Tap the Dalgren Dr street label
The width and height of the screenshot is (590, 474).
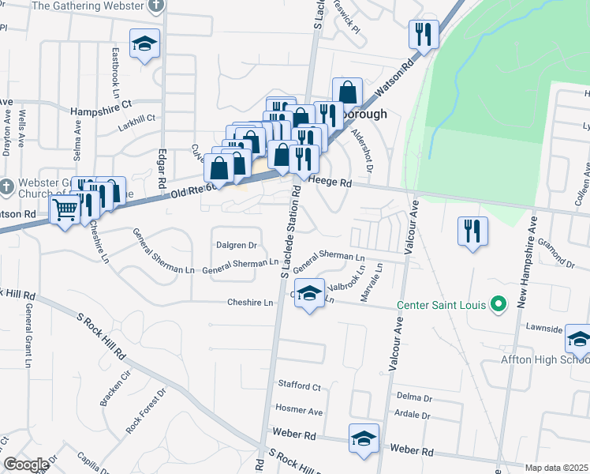pos(237,245)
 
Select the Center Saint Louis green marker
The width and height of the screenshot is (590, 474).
pos(498,303)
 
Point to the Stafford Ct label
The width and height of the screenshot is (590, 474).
pos(299,387)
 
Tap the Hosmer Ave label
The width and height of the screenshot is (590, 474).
pos(299,411)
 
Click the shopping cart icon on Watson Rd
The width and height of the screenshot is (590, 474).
pos(65,209)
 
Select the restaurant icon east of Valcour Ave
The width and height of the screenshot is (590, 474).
pos(472,230)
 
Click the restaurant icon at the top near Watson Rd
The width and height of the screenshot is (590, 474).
pos(424,33)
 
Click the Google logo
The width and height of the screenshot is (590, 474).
pos(26,465)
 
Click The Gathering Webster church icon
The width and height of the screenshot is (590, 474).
pos(156,4)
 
